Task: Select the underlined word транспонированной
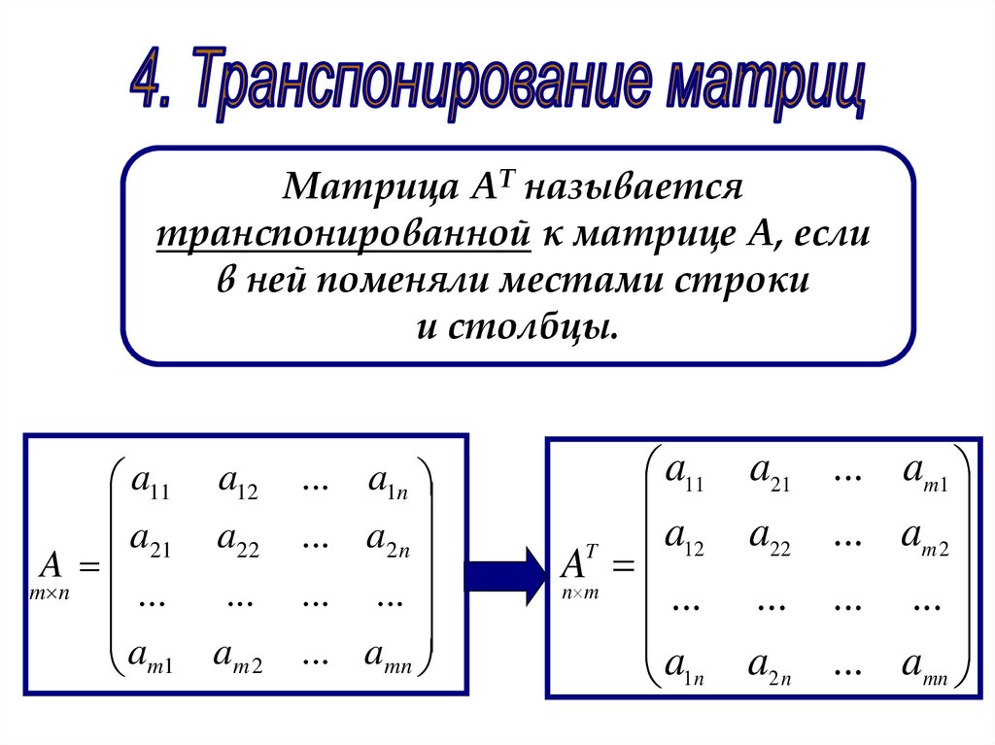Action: coord(341,233)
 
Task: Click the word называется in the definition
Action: coord(640,186)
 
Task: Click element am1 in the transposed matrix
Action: coord(924,474)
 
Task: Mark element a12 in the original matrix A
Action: coord(237,482)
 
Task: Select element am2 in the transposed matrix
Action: coord(924,537)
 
